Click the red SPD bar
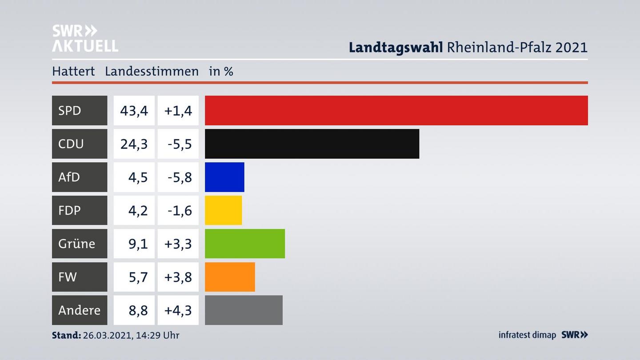[396, 110]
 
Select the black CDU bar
[312, 144]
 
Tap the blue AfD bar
[224, 177]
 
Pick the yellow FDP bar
[223, 210]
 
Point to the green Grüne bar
[244, 244]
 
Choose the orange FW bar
[230, 277]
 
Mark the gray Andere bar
[244, 310]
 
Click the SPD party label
[70, 110]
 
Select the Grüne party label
[76, 244]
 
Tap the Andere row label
[79, 310]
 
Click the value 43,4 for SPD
[134, 110]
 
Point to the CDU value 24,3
[134, 144]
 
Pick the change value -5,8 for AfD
[180, 177]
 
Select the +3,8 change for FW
[178, 277]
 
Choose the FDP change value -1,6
[180, 210]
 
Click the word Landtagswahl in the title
[396, 47]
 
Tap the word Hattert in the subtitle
[73, 71]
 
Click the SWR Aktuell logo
[85, 38]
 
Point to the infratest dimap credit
[527, 335]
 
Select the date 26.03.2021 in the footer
[107, 335]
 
